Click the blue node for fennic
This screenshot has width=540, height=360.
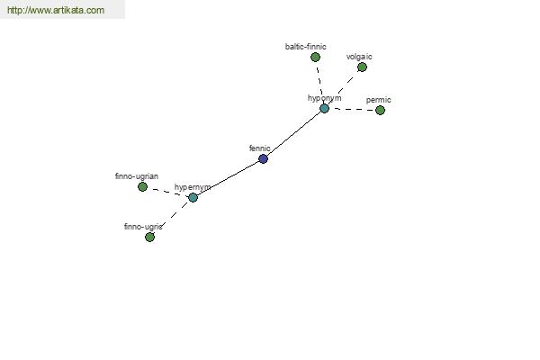[263, 158]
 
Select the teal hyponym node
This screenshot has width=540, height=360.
[324, 109]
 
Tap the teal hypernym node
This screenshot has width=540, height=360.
[193, 197]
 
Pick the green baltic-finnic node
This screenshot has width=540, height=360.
[315, 58]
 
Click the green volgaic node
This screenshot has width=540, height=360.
[362, 67]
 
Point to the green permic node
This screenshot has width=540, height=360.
[380, 110]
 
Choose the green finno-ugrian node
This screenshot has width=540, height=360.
[142, 186]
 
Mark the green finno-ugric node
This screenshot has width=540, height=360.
[149, 237]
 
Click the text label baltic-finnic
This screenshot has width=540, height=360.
[305, 47]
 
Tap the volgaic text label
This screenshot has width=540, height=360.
[359, 57]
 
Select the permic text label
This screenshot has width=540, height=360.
[379, 100]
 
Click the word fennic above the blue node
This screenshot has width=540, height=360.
[260, 148]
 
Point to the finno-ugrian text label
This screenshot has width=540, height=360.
[137, 176]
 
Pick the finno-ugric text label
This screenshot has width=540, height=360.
[143, 227]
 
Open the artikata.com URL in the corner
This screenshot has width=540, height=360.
[56, 10]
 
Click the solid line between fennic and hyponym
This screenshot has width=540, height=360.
[293, 134]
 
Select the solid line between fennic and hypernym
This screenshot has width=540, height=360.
[228, 178]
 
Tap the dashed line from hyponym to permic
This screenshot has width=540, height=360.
[352, 110]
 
